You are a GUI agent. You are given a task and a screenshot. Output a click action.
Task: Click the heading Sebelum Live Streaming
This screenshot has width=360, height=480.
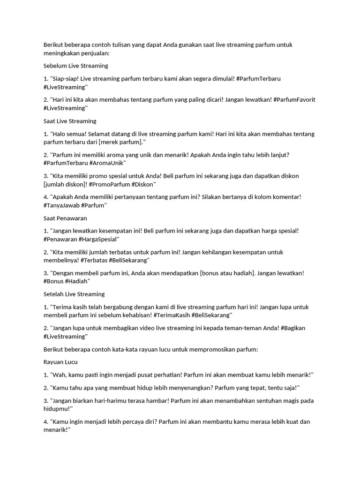click(x=76, y=66)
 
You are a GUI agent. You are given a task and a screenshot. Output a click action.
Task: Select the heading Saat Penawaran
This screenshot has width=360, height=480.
click(x=65, y=218)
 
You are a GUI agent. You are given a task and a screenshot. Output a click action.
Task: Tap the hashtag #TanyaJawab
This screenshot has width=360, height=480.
click(x=61, y=205)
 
